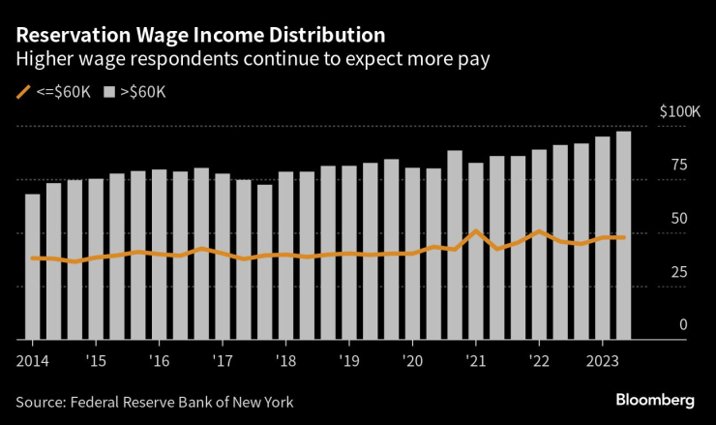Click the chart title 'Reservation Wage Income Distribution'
tap(199, 35)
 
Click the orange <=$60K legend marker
tap(23, 92)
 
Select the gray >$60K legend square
tap(109, 92)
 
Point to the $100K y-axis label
tap(678, 112)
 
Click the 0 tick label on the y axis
tap(682, 325)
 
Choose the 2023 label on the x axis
tap(603, 358)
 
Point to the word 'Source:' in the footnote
tap(43, 402)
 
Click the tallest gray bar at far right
tap(624, 235)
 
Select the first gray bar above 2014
tap(32, 266)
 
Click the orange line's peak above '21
tap(475, 231)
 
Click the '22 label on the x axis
tap(540, 358)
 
